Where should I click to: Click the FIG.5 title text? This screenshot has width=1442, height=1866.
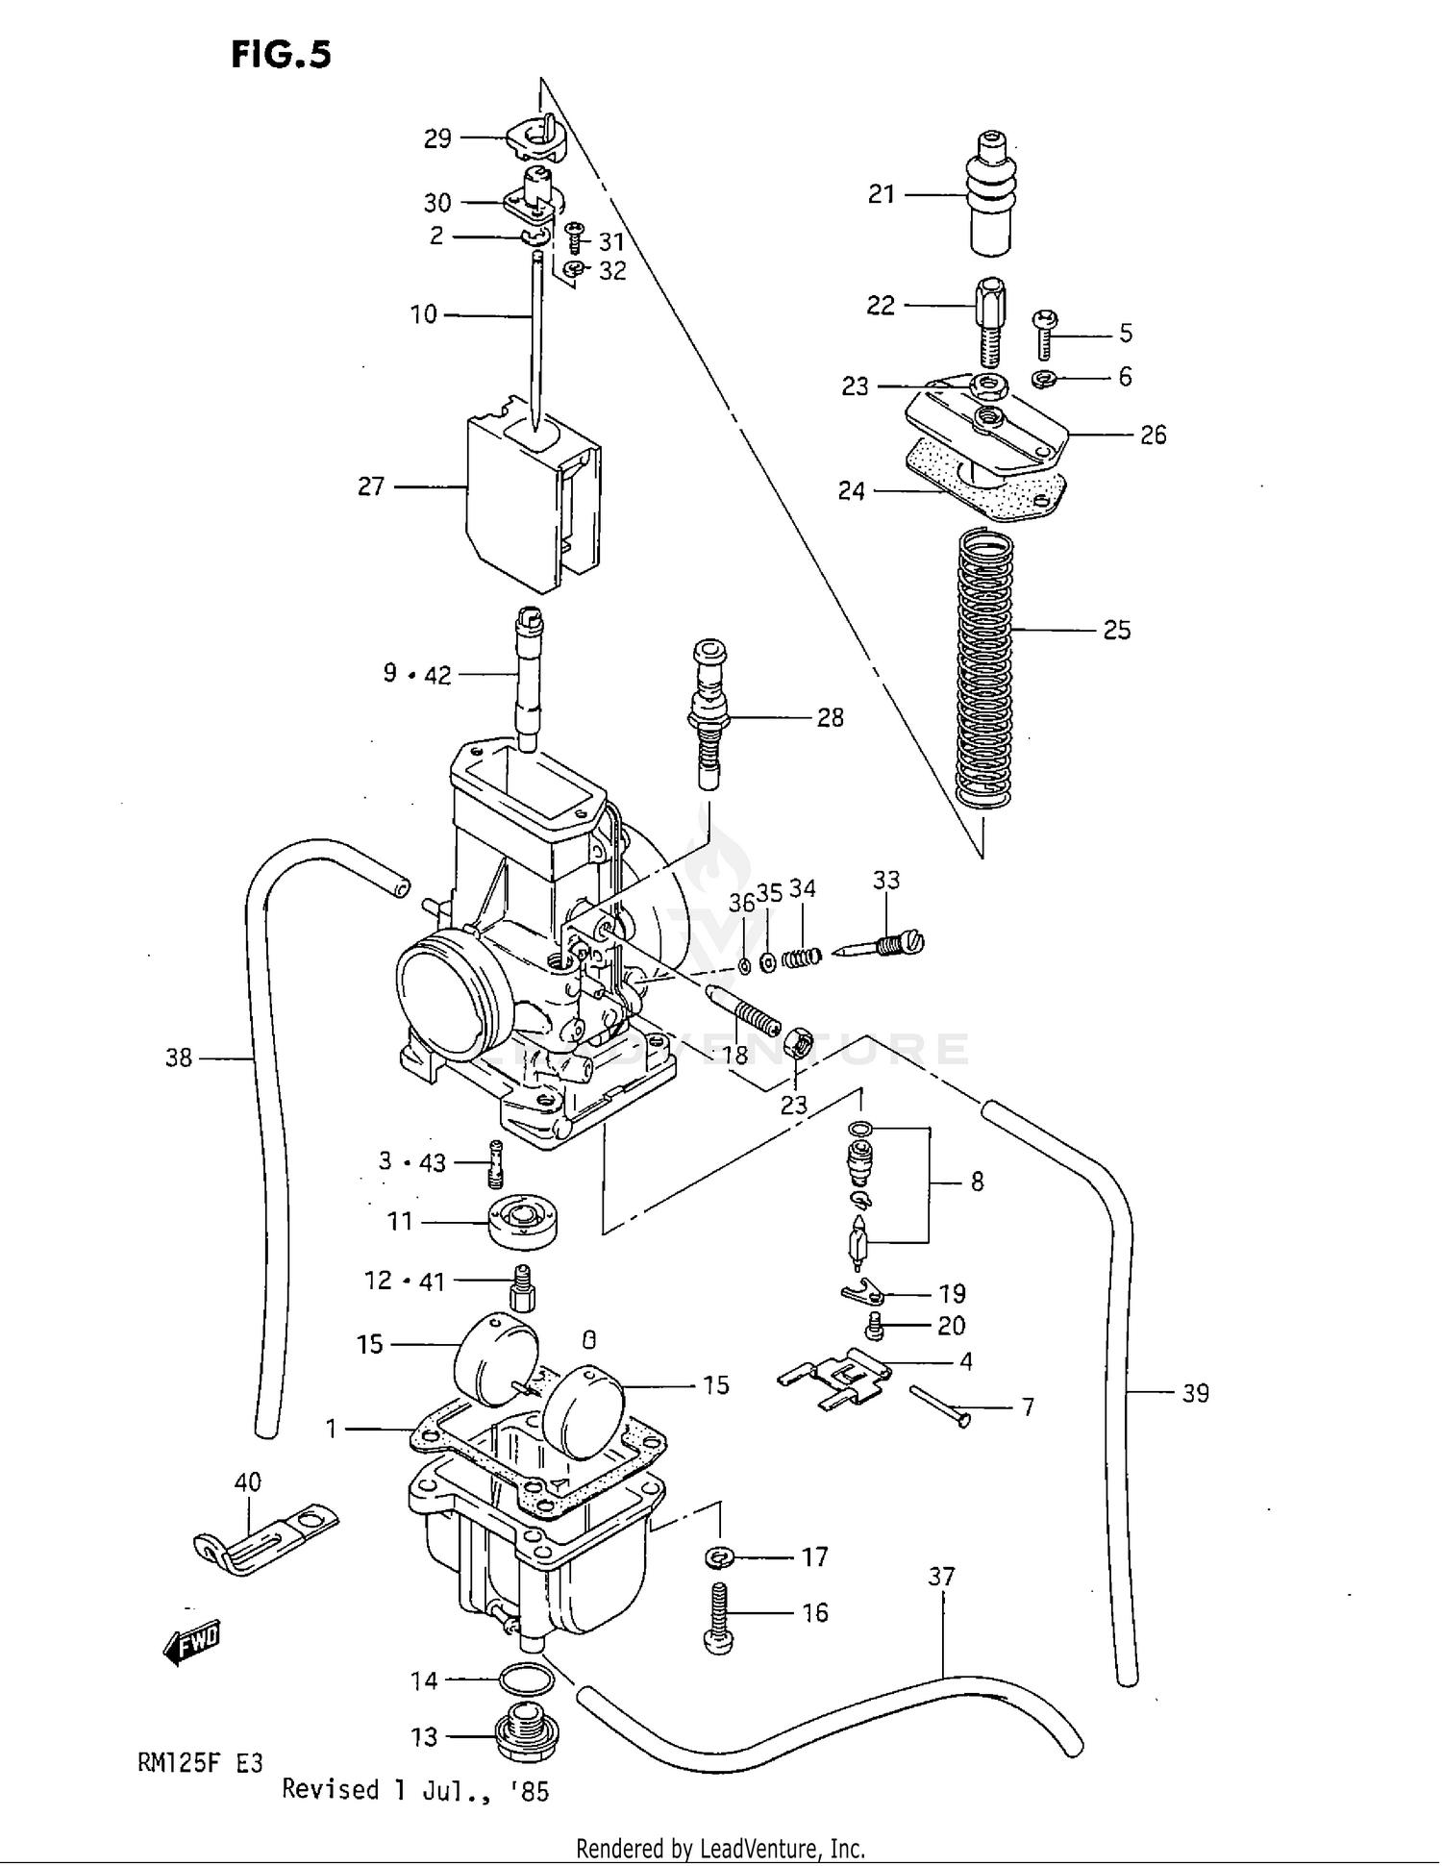281,55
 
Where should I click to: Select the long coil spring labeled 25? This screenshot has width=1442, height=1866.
985,668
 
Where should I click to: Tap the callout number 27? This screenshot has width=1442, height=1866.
371,487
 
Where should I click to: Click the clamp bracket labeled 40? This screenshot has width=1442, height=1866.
264,1538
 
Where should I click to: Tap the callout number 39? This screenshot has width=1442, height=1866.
1195,1393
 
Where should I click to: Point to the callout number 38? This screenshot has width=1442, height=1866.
179,1058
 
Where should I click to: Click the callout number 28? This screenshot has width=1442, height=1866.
830,718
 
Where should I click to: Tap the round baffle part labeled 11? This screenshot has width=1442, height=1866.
523,1222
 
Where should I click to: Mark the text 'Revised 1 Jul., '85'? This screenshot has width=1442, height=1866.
415,1789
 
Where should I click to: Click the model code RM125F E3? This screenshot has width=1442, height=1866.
200,1763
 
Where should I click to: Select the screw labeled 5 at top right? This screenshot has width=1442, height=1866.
1045,334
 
